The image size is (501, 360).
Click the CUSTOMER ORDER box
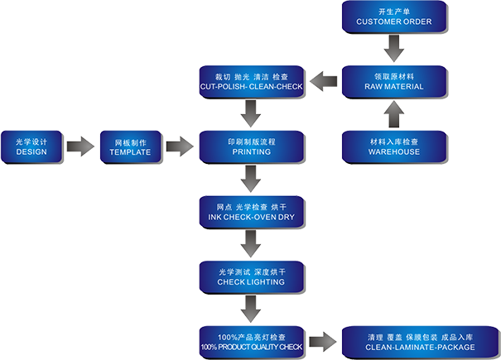[394, 16]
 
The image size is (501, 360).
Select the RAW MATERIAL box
[394, 80]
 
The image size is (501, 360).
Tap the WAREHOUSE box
[394, 146]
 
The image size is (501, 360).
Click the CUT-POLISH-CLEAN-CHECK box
[252, 80]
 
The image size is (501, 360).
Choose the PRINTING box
[252, 146]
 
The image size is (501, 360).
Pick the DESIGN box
[31, 146]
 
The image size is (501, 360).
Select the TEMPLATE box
[130, 146]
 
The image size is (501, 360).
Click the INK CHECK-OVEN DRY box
[252, 211]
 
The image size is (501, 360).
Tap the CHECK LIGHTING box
[252, 276]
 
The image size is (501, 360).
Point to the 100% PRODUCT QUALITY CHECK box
[252, 342]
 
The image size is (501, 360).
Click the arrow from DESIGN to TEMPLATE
[80, 147]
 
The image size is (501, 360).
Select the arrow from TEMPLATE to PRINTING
[180, 147]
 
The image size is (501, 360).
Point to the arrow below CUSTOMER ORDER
[394, 48]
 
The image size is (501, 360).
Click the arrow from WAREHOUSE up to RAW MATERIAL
[394, 113]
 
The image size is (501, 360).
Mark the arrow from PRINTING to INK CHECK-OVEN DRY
[252, 178]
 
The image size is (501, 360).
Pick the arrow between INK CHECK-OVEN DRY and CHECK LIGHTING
[252, 243]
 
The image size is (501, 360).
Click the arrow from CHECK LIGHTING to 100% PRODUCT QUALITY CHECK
[252, 309]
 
